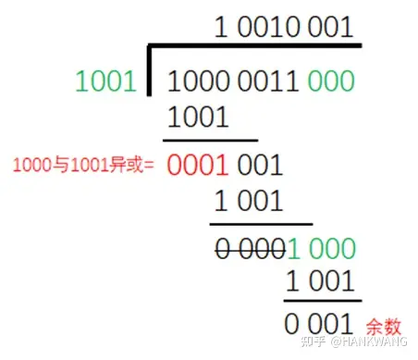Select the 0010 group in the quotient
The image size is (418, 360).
point(273,28)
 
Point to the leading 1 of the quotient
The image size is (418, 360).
point(221,28)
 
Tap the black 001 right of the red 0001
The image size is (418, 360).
point(260,165)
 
